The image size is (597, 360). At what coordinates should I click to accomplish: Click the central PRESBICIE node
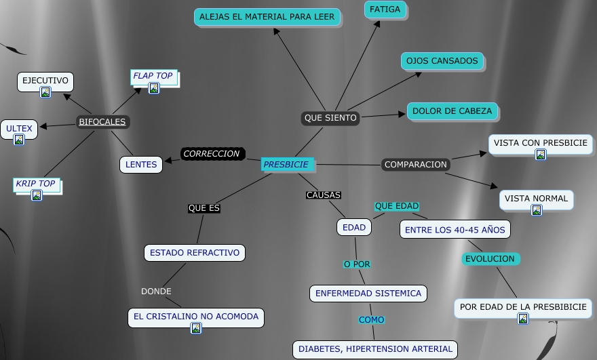click(x=286, y=164)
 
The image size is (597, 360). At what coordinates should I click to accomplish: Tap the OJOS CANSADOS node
click(x=442, y=61)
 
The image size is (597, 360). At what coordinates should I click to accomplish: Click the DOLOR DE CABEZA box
click(x=452, y=111)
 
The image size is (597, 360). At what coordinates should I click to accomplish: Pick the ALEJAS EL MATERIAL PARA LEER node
click(x=267, y=17)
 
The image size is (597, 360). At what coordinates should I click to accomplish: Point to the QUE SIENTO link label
click(x=330, y=118)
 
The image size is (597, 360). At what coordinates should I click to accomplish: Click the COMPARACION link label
click(x=416, y=165)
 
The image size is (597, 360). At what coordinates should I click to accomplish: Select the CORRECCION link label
click(x=212, y=154)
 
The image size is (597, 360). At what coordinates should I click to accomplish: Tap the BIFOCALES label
click(x=102, y=122)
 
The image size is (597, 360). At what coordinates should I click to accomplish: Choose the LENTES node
click(x=141, y=164)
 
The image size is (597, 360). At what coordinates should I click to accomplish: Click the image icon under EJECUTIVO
click(x=45, y=92)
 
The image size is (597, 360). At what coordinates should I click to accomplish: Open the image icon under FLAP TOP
click(x=154, y=87)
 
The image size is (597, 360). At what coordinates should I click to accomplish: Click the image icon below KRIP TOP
click(x=37, y=195)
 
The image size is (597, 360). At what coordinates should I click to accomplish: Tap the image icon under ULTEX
click(x=19, y=139)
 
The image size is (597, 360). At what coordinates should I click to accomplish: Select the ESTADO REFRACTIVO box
click(x=195, y=253)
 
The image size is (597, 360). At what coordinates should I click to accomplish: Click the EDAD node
click(x=354, y=228)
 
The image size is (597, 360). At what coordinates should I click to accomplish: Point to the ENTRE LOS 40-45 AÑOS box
click(x=455, y=230)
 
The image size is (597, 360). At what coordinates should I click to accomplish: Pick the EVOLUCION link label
click(x=490, y=259)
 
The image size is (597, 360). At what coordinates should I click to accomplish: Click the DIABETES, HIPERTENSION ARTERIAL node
click(x=375, y=349)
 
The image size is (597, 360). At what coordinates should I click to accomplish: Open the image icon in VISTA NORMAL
click(x=537, y=210)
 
